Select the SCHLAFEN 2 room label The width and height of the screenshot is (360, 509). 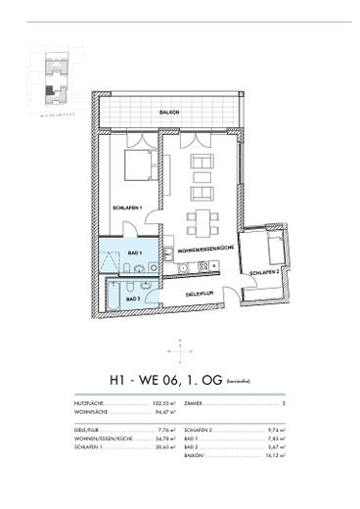coord(264,271)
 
